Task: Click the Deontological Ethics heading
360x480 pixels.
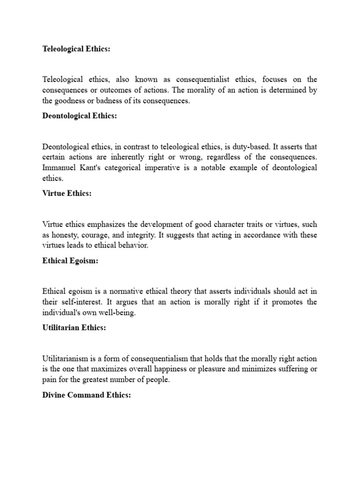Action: [79, 116]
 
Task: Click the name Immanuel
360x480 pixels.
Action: [59, 168]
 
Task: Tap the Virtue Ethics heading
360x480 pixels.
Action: [67, 194]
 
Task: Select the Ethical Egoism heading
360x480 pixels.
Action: [70, 261]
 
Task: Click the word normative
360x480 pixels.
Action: [124, 291]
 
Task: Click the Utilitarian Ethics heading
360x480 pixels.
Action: [74, 328]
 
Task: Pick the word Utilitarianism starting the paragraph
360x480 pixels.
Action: [65, 358]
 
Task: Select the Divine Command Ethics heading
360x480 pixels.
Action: [86, 395]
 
